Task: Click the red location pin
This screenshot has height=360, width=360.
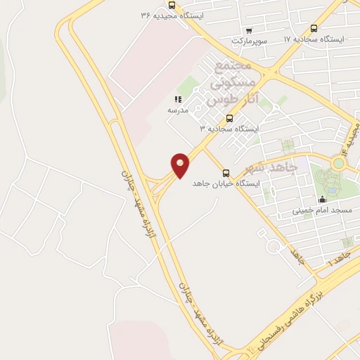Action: coord(181,165)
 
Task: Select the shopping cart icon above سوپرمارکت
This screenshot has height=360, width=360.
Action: coord(248,30)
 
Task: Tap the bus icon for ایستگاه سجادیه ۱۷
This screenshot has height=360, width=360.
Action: coord(313,29)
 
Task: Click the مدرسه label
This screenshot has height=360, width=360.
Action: coord(177,111)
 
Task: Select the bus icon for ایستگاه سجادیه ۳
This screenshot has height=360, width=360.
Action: coord(230,117)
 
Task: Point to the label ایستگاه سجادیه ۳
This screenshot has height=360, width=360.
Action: coord(229,129)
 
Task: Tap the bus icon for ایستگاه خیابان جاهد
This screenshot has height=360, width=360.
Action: coord(226,172)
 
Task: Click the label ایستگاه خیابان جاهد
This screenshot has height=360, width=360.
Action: coord(226,183)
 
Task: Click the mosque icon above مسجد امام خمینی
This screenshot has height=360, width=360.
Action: coord(323,199)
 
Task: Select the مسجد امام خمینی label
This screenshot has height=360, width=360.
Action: coord(323,210)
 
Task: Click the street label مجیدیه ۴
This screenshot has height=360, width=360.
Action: coord(347,137)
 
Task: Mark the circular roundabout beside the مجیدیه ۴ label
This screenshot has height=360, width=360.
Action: coord(340,163)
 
